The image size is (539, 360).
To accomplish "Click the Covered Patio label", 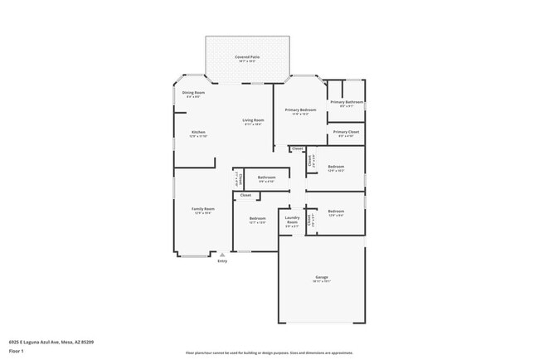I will (248, 57).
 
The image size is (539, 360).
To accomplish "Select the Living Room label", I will (253, 120).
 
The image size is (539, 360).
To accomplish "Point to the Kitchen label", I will (198, 133).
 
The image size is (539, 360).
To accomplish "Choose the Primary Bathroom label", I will (347, 102).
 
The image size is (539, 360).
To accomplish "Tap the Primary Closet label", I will (346, 132).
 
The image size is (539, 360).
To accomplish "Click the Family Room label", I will (202, 209).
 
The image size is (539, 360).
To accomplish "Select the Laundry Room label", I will (292, 221).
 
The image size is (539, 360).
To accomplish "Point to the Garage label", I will (321, 277).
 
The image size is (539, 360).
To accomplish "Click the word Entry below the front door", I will (222, 261).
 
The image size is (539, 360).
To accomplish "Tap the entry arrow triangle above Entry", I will (222, 255).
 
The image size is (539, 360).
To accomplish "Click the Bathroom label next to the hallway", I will (266, 177).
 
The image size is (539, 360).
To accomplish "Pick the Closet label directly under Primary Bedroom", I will (297, 148).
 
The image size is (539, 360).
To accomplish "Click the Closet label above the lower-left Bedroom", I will (245, 196).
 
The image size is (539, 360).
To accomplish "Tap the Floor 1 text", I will (17, 351).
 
